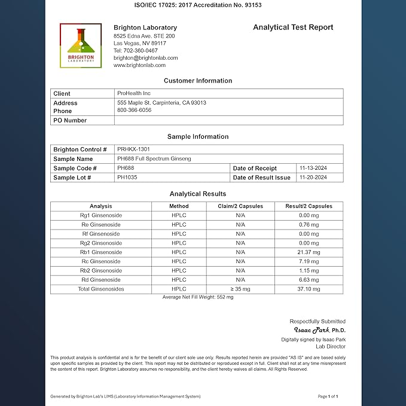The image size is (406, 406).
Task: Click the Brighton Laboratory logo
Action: tap(81, 45)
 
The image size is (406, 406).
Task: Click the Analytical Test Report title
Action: tap(293, 28)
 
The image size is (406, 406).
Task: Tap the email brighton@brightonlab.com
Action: tap(145, 58)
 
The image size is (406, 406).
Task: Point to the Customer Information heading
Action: tap(198, 81)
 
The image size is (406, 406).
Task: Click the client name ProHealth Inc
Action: tap(135, 93)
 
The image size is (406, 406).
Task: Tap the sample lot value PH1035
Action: tap(127, 178)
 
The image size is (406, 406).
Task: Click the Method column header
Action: tap(179, 206)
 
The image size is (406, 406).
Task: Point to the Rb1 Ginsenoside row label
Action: tap(101, 252)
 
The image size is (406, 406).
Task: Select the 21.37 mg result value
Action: tap(309, 252)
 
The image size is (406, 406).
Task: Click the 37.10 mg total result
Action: tap(309, 289)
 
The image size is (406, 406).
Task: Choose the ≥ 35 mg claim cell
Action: tap(240, 289)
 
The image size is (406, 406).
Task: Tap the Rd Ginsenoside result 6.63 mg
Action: tap(309, 280)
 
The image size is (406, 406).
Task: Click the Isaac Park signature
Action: tap(312, 330)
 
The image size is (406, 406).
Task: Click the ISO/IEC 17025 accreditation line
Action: tap(198, 5)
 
